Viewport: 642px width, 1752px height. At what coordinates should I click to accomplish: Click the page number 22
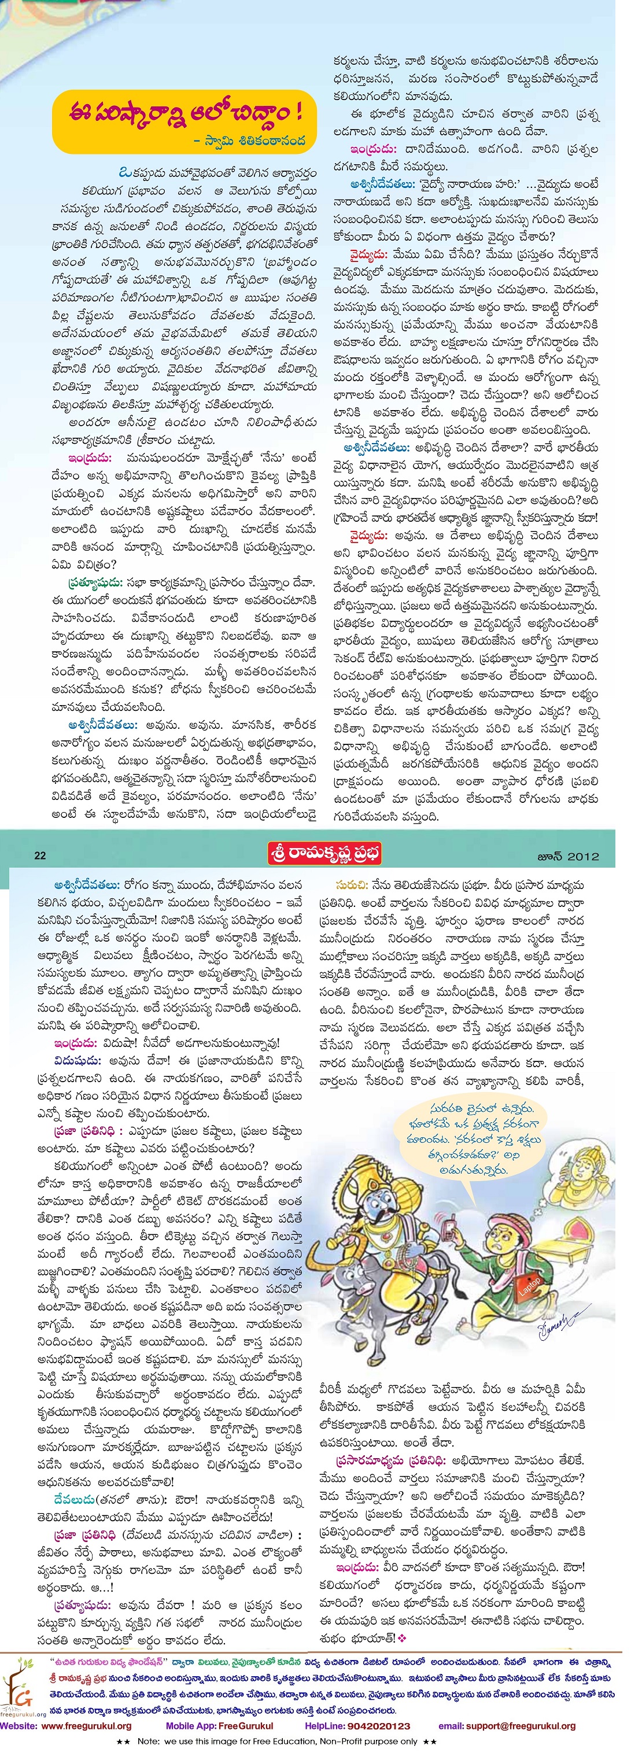[39, 855]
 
